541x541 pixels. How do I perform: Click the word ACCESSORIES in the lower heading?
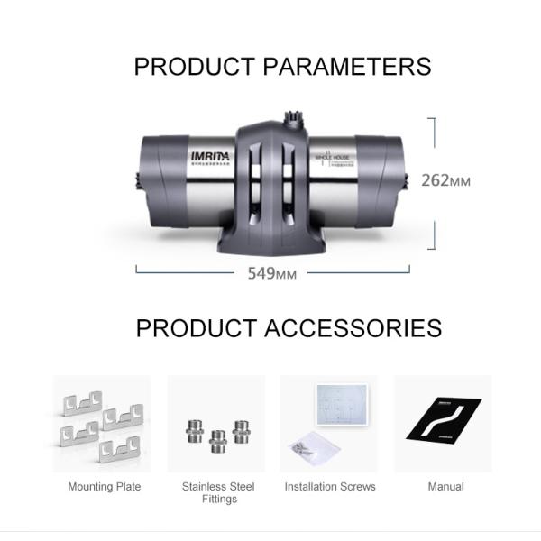tap(353, 327)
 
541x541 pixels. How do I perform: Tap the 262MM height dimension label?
tap(445, 180)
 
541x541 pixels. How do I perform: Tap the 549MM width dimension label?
tap(272, 274)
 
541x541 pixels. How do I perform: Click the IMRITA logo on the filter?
tap(210, 156)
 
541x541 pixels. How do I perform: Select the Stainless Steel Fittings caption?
tap(218, 492)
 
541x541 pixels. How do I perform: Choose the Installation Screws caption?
tap(330, 487)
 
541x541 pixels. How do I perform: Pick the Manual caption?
tap(445, 487)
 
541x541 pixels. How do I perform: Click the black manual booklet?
tap(444, 419)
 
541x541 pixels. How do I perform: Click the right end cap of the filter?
tap(383, 180)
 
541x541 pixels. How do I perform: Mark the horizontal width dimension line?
tap(198, 270)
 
